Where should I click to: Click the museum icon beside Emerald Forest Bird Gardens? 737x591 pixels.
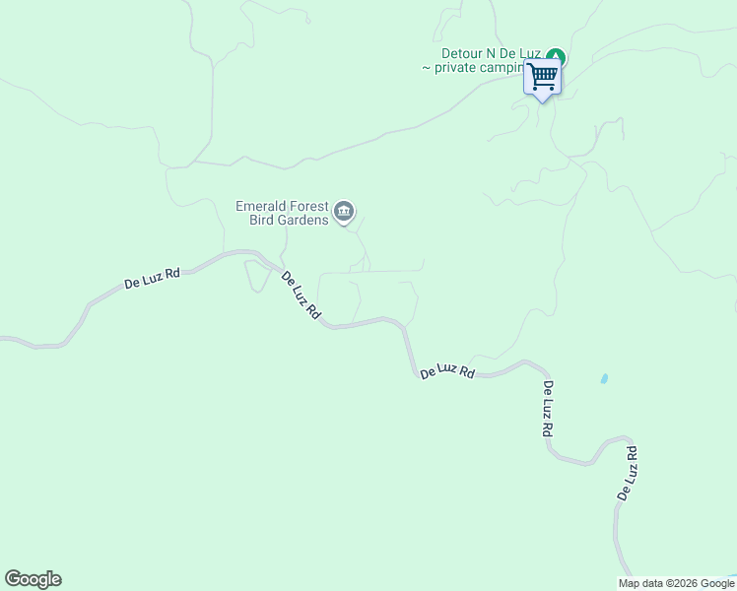pos(344,210)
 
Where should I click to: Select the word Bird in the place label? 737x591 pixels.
pos(263,220)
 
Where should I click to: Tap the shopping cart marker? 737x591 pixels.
pos(542,77)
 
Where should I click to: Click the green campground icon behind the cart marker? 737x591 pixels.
pos(557,56)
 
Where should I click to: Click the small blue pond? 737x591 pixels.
pos(603,378)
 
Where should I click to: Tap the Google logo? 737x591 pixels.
pos(33,579)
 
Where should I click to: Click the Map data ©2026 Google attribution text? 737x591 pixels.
pos(677,583)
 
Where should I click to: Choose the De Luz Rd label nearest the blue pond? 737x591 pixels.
pos(548,409)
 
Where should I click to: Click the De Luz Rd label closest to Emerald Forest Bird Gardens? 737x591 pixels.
pos(301,294)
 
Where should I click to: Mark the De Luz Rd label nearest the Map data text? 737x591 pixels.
pos(627,473)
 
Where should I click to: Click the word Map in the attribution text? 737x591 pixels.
pos(630,583)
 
